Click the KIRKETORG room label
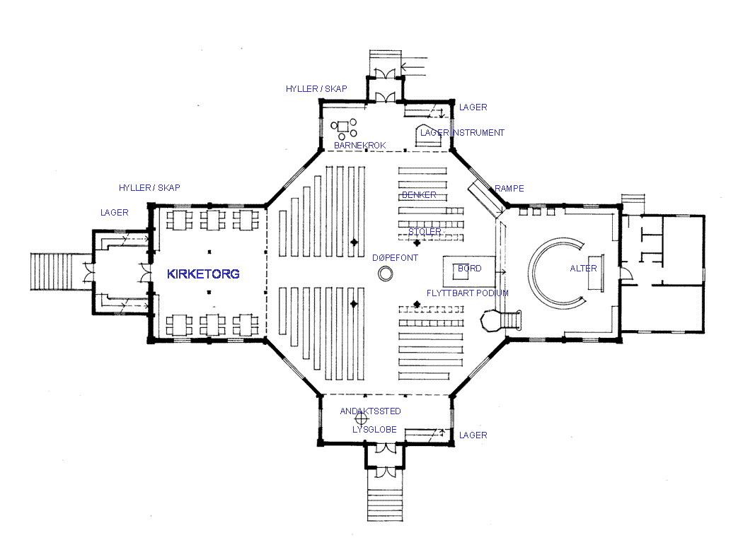click(203, 274)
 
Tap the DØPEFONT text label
click(395, 258)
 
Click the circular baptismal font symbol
click(386, 274)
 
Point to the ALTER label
click(583, 269)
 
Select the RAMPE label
click(509, 188)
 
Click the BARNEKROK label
click(360, 146)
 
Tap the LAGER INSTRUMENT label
click(463, 132)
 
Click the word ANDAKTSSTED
click(371, 411)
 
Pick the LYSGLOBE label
click(374, 430)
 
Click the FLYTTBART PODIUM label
click(468, 293)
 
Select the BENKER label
click(419, 195)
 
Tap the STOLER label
click(425, 231)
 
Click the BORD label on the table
click(470, 269)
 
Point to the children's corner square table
click(342, 127)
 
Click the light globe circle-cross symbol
click(361, 419)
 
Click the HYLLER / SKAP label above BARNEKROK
click(316, 88)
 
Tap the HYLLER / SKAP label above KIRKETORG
click(149, 188)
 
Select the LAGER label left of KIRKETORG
click(114, 213)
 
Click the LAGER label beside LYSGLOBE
click(473, 435)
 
